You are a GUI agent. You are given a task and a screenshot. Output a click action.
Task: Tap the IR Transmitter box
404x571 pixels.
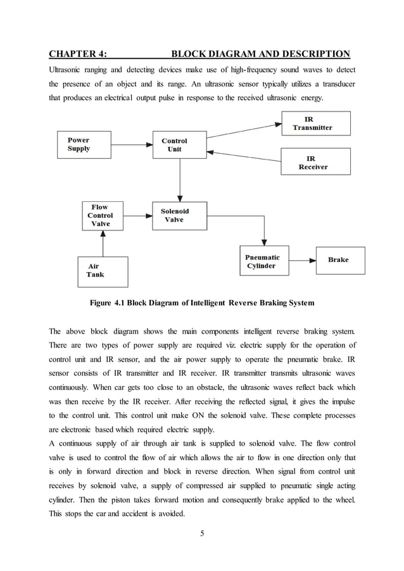pos(315,123)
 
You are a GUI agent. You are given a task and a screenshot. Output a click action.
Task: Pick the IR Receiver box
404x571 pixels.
pos(315,161)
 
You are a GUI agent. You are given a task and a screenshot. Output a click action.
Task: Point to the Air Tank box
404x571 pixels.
pos(102,271)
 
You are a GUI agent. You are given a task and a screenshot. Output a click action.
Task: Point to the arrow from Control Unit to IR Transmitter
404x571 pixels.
pos(244,126)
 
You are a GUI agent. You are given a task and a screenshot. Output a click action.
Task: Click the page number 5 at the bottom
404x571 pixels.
pos(202,532)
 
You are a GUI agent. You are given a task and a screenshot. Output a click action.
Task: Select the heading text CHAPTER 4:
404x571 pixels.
pos(79,53)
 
